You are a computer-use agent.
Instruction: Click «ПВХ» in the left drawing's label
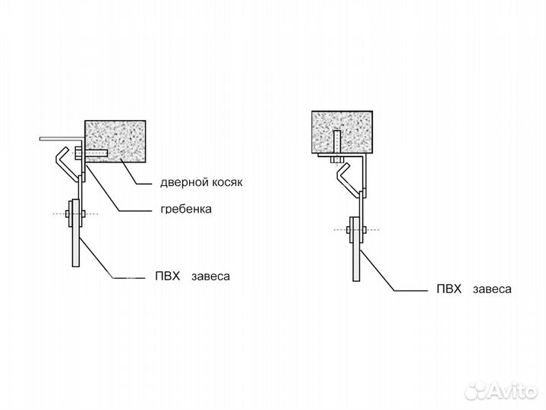point(166,276)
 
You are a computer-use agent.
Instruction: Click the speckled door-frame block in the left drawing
point(115,141)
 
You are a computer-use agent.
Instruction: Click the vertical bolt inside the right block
point(335,143)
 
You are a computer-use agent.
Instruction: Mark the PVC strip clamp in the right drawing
point(354,229)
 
